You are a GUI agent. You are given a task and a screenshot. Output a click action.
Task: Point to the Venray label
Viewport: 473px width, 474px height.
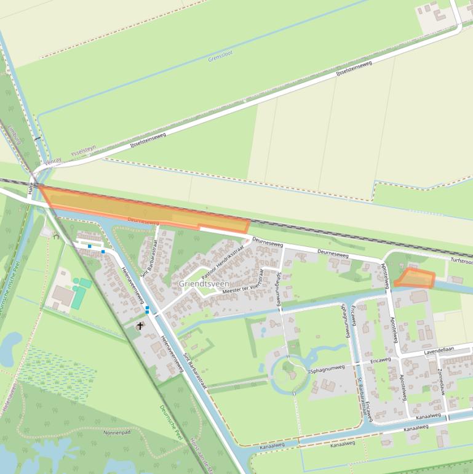[x=54, y=161]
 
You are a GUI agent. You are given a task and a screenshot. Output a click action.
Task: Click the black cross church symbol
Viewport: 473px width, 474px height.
[x=140, y=326]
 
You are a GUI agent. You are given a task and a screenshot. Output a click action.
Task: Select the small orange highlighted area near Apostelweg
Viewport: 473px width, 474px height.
[x=415, y=279]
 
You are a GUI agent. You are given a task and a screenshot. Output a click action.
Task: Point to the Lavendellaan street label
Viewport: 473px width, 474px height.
[x=438, y=350]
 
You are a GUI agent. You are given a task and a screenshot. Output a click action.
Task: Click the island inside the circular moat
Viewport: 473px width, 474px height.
[x=287, y=371]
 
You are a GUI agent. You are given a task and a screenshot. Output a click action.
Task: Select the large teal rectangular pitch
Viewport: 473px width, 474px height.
[x=78, y=297]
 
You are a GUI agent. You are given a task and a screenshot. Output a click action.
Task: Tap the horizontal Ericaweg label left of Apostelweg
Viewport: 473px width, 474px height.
[x=380, y=360]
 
